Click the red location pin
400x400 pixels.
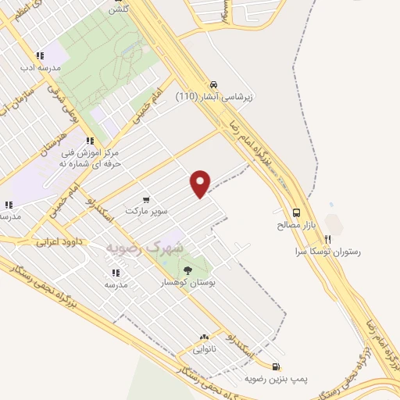click(x=201, y=183)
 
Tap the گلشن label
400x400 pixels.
click(x=119, y=9)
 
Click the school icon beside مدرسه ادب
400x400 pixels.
click(x=40, y=56)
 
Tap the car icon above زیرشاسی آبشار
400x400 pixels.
click(x=212, y=84)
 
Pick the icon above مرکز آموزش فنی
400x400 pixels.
click(x=91, y=141)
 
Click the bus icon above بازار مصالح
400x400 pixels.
click(x=296, y=212)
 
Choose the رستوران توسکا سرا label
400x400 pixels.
click(x=324, y=252)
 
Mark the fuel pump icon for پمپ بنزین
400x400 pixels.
click(x=275, y=366)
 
